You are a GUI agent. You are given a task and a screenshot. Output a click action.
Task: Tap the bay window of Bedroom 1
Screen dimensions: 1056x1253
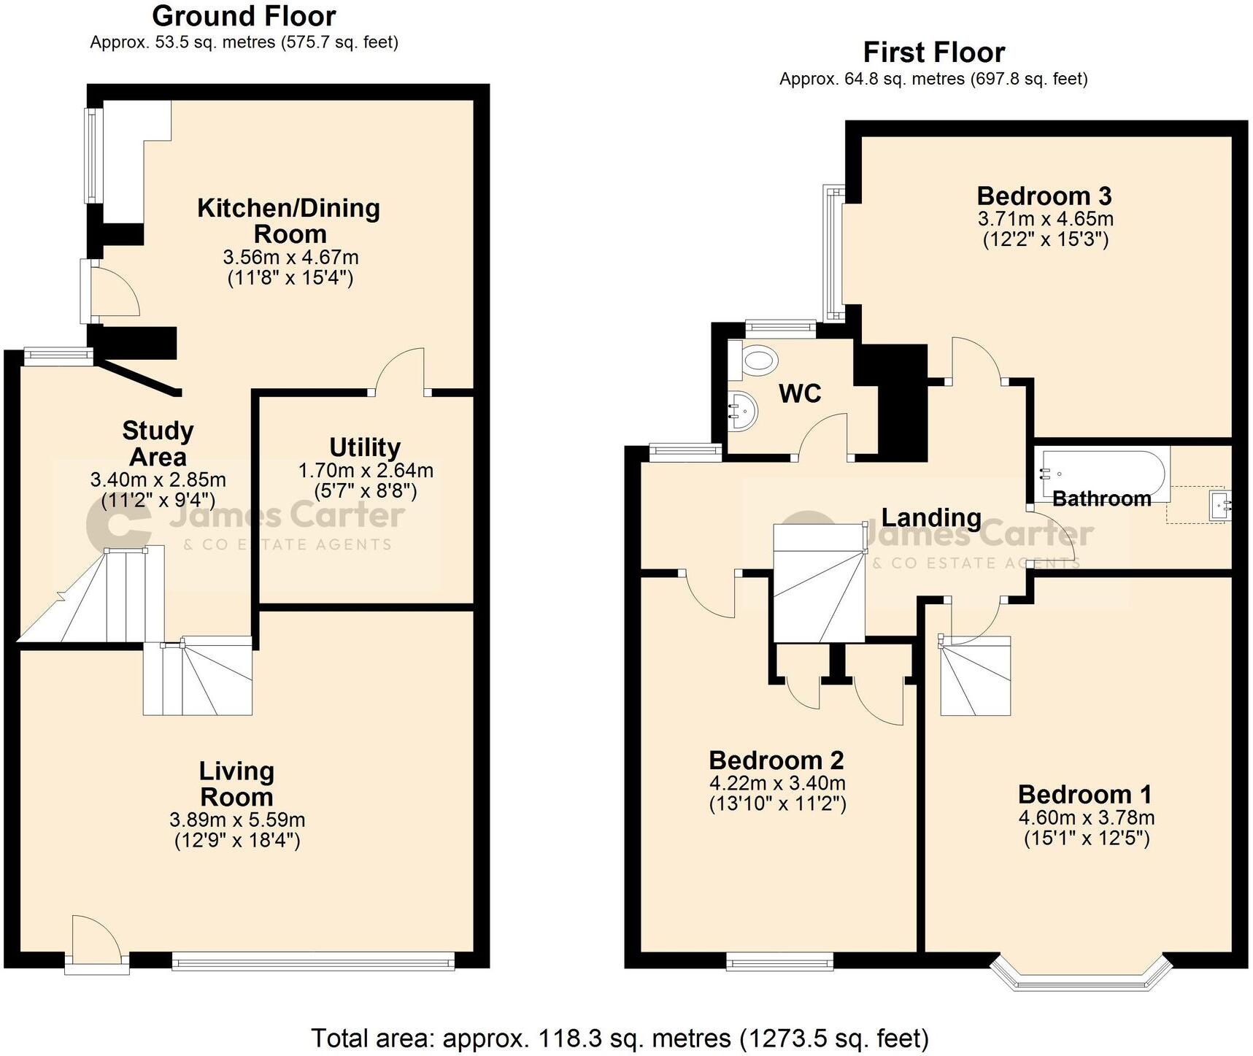1081,974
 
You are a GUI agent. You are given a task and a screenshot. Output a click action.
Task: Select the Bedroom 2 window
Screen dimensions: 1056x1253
779,963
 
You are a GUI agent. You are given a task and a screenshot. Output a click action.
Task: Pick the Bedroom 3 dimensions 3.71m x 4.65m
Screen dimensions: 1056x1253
1045,218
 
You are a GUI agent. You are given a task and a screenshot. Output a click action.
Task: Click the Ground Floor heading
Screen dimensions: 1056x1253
244,16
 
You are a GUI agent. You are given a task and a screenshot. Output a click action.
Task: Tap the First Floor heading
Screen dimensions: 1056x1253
933,53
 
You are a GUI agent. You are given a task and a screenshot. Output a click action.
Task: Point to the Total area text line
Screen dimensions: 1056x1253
620,1037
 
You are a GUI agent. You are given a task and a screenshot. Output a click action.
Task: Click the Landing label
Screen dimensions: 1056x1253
930,517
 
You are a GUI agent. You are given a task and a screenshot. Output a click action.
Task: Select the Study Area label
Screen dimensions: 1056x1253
158,444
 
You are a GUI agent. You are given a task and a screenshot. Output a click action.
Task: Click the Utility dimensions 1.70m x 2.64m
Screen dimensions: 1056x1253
365,471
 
